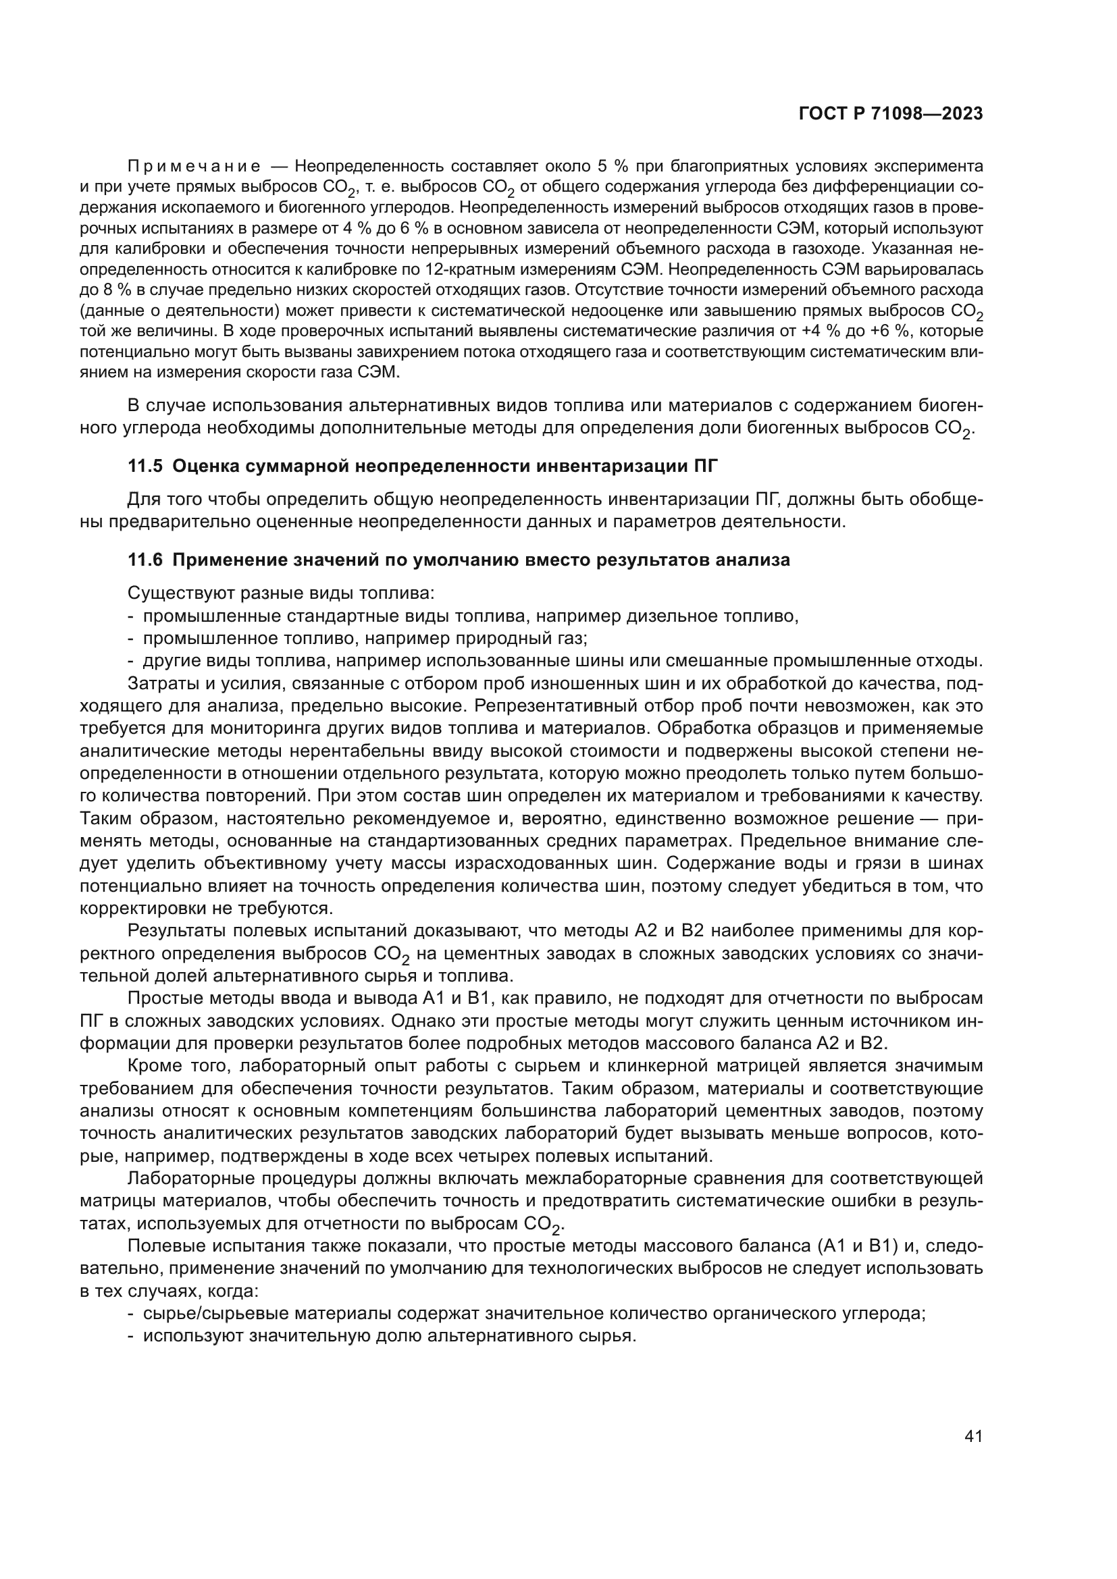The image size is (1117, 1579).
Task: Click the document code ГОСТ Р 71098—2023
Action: tap(891, 114)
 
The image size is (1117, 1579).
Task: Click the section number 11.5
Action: tap(145, 466)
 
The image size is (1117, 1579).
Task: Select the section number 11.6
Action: tap(145, 560)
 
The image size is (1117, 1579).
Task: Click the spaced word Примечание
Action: tap(194, 167)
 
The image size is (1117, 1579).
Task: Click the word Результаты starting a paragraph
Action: tap(177, 931)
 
